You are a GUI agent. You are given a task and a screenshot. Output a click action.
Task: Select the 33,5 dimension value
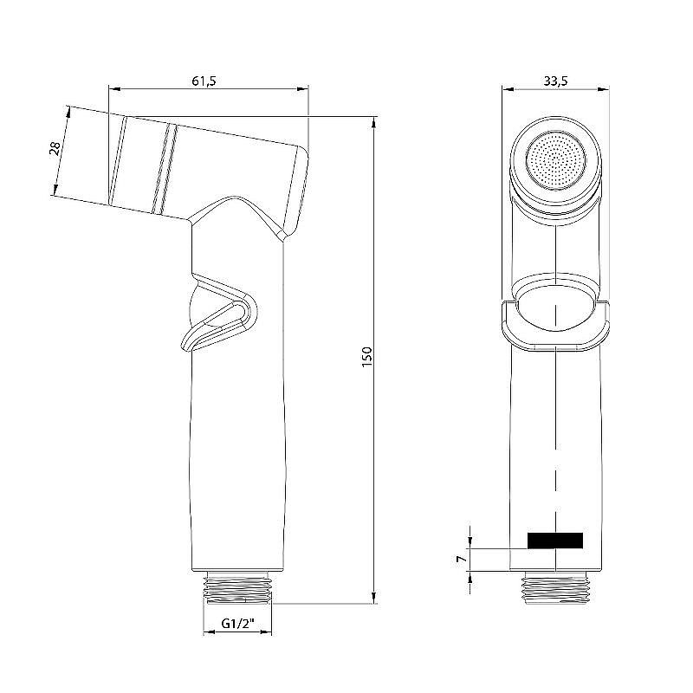pos(554,81)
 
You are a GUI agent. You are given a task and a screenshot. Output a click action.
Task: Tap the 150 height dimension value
pos(366,356)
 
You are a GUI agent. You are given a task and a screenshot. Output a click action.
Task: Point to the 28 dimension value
pos(54,150)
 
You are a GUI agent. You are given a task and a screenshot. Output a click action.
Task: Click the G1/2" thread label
pos(237,624)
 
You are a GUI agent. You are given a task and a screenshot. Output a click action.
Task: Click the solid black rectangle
pos(554,541)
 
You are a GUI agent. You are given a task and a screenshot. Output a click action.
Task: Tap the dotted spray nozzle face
pos(554,159)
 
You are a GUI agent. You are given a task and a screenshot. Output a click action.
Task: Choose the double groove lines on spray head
pos(165,168)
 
